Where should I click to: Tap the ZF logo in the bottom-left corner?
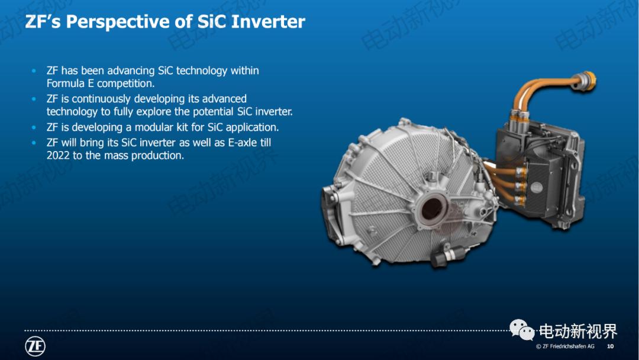click(35, 346)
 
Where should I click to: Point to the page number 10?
click(611, 346)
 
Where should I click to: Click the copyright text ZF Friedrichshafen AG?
click(568, 346)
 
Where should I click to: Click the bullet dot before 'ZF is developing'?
click(34, 127)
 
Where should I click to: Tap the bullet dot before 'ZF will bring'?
click(34, 143)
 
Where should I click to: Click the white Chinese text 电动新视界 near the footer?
click(577, 331)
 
